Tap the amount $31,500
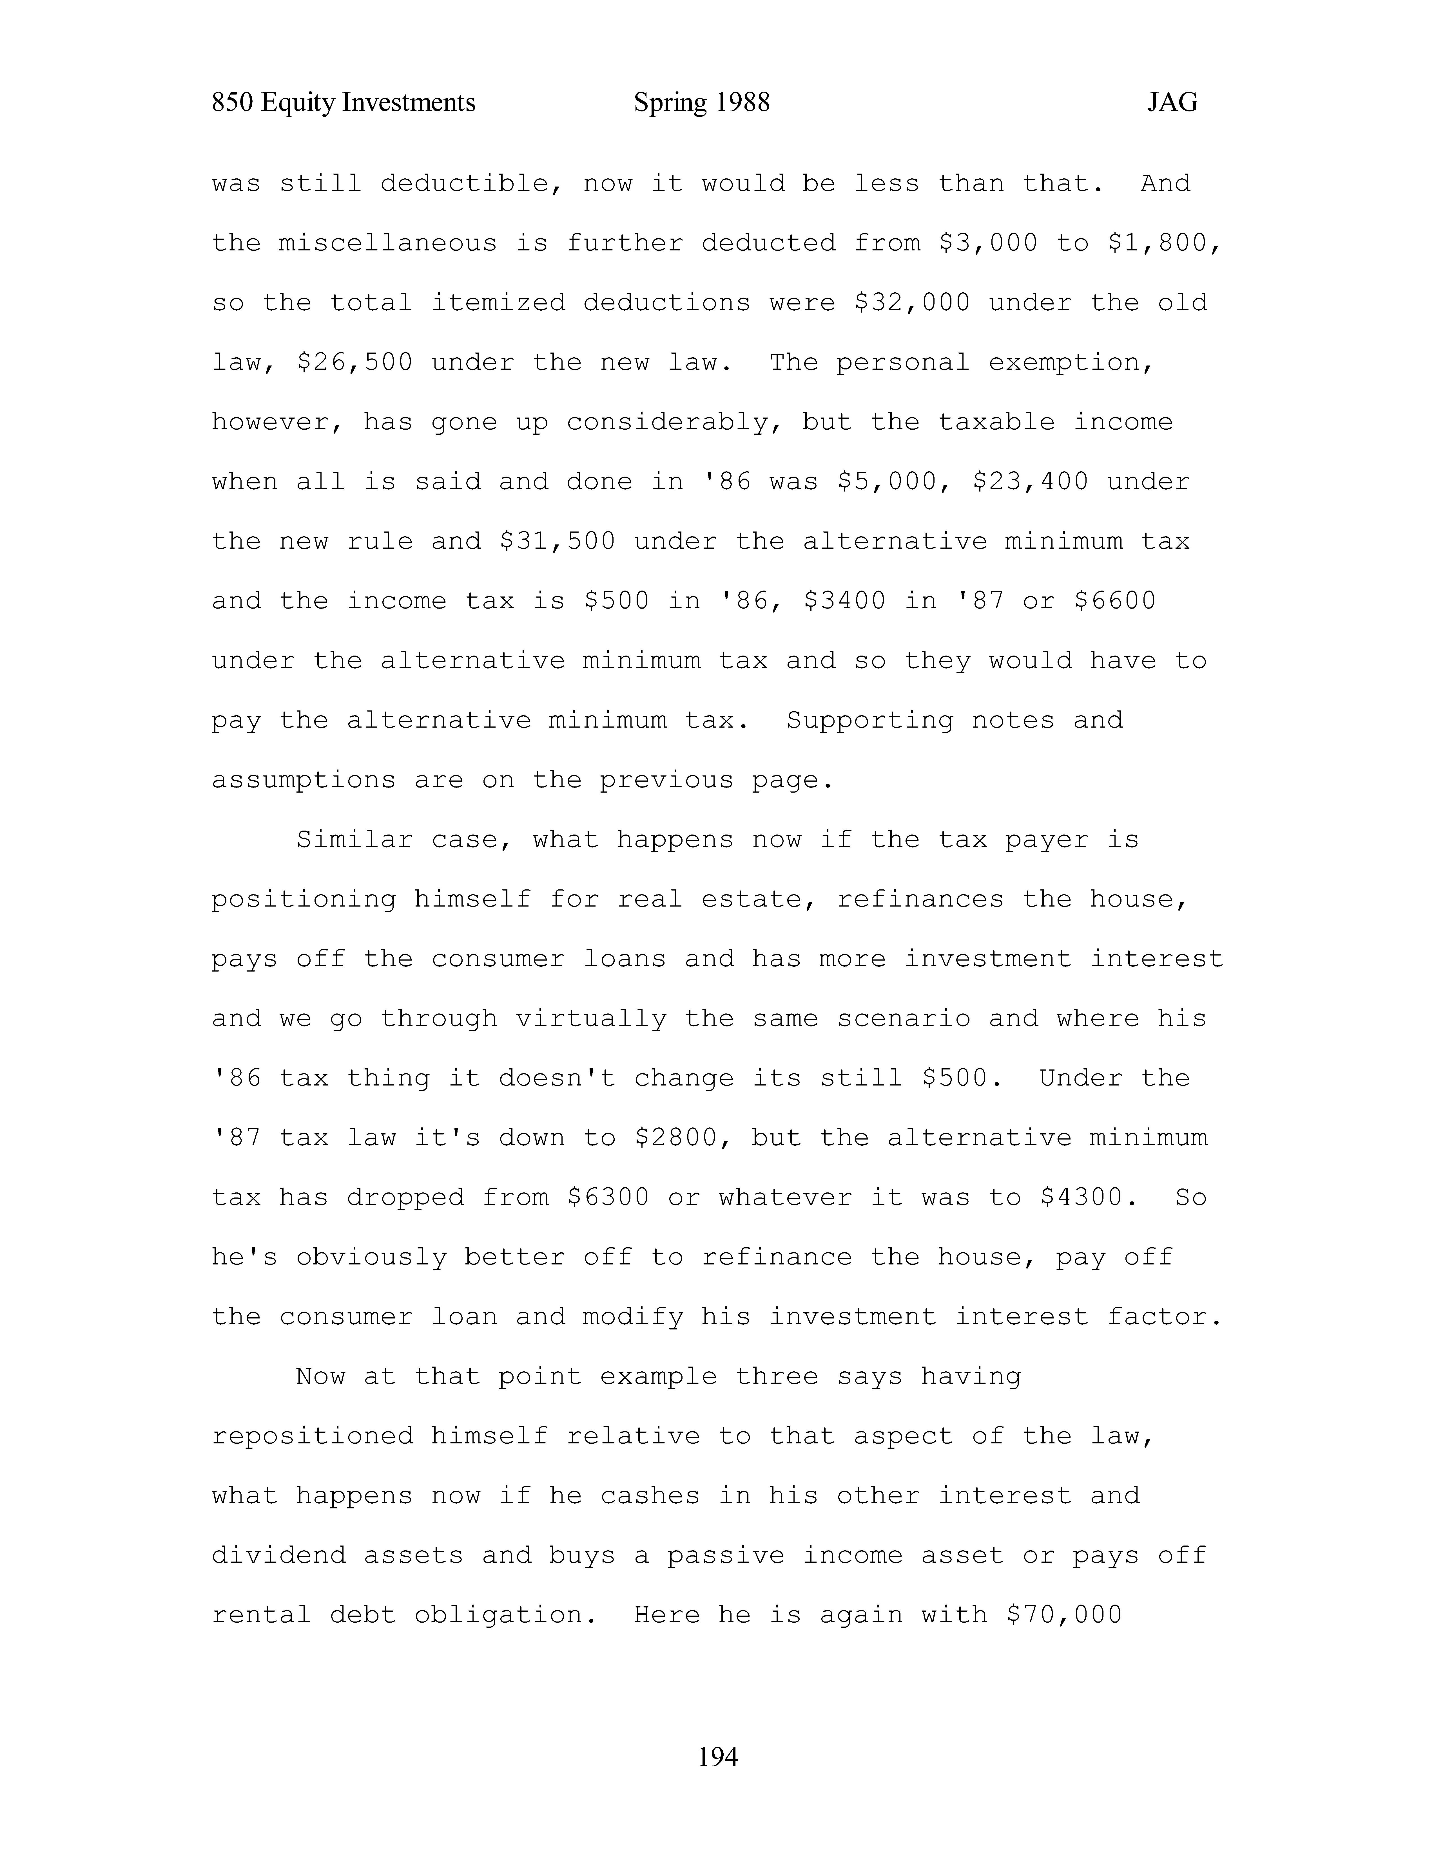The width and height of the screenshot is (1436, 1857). [x=557, y=542]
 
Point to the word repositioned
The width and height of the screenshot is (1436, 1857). [x=312, y=1436]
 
